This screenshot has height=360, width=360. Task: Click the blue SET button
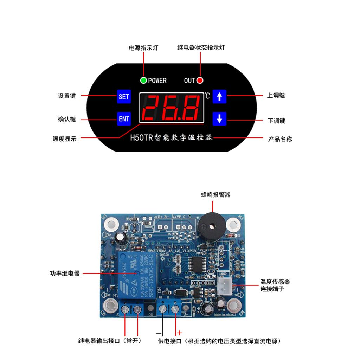pyautogui.click(x=124, y=96)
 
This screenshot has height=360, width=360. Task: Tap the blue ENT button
pyautogui.click(x=124, y=119)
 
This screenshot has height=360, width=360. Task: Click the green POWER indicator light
pyautogui.click(x=143, y=81)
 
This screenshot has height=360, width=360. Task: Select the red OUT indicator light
pyautogui.click(x=200, y=81)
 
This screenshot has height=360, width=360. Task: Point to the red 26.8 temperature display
pyautogui.click(x=172, y=108)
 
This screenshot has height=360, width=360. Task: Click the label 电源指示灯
pyautogui.click(x=143, y=48)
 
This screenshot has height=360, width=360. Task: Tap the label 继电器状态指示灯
pyautogui.click(x=201, y=47)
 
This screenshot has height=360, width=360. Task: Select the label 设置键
pyautogui.click(x=67, y=96)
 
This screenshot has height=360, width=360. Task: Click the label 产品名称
pyautogui.click(x=280, y=139)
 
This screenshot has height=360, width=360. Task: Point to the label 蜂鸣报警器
pyautogui.click(x=216, y=195)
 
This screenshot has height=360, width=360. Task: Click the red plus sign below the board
pyautogui.click(x=180, y=332)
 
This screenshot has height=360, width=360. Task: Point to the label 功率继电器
pyautogui.click(x=65, y=273)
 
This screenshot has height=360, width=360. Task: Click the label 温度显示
pyautogui.click(x=64, y=139)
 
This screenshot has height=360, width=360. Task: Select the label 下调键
pyautogui.click(x=276, y=121)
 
